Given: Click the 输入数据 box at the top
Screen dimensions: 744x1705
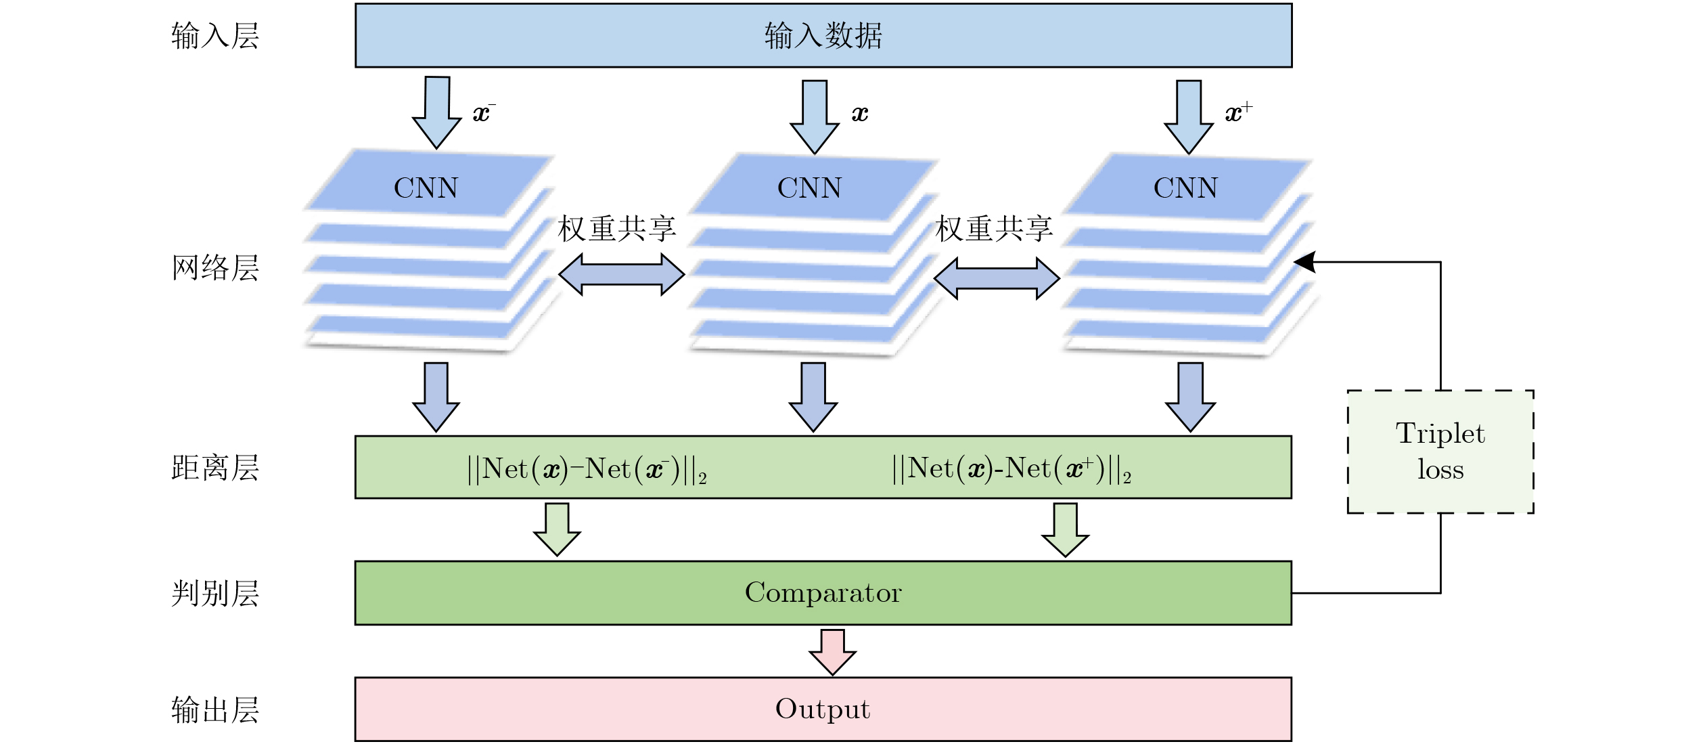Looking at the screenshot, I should [823, 35].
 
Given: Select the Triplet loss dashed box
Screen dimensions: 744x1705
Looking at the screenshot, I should [1440, 452].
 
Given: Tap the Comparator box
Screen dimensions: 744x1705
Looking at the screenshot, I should [823, 593].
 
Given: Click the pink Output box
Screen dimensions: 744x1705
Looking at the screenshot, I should [823, 709].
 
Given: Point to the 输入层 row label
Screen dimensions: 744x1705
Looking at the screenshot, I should [215, 36].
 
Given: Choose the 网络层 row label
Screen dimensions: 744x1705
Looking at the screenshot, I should [215, 268].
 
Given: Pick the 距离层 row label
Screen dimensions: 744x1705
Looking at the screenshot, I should [215, 468].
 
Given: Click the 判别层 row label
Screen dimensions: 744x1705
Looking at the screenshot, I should [215, 594].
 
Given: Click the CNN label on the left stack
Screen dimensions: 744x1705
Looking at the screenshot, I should [426, 188].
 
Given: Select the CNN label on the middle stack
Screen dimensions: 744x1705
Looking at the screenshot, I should [809, 188].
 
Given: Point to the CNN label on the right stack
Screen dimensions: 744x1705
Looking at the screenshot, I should [1185, 188].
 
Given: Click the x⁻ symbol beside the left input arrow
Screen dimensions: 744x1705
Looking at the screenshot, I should [483, 113].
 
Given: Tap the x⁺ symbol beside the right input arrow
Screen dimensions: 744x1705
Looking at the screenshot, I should [1238, 112].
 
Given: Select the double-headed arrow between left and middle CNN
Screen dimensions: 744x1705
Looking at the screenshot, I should [621, 274].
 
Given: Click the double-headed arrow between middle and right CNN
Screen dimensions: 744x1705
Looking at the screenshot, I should [997, 278].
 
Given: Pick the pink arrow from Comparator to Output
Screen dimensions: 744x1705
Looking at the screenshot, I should [832, 652].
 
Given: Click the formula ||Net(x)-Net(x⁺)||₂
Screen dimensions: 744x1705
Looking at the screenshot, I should [1011, 469].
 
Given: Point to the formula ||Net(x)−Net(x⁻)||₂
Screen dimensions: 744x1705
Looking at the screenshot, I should [587, 469].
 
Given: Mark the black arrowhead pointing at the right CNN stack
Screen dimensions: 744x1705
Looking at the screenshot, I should [1306, 262].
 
